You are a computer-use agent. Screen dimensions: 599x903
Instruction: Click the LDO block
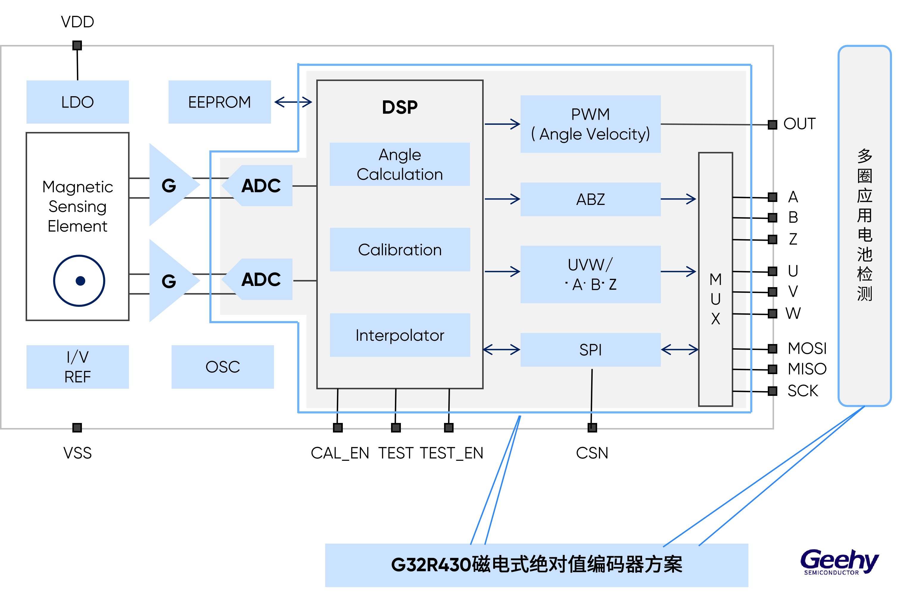tap(77, 102)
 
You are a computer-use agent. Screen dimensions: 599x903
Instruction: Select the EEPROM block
tap(219, 102)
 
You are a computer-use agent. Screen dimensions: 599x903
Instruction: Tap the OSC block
tap(223, 367)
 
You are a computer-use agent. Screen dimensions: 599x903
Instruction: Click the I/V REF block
tap(77, 367)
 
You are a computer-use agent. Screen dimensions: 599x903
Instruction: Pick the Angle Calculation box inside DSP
tap(400, 164)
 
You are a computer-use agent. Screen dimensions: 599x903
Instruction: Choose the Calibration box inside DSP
tap(400, 249)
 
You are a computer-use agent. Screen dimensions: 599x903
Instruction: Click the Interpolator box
tap(400, 335)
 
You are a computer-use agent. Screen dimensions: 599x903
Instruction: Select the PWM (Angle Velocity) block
tap(590, 124)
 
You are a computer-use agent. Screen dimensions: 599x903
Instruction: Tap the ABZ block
tap(590, 199)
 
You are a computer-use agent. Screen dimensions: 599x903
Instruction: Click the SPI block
tap(590, 350)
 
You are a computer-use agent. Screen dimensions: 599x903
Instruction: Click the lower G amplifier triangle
tap(170, 281)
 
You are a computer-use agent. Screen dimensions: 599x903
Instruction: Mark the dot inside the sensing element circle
tap(80, 281)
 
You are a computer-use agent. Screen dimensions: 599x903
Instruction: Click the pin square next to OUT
tap(772, 125)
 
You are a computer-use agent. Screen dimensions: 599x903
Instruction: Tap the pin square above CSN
tap(592, 427)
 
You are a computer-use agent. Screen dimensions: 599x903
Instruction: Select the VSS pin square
tap(77, 427)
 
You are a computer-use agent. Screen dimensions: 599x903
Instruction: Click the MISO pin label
tap(807, 369)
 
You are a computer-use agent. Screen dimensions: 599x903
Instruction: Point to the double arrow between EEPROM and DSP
tap(293, 102)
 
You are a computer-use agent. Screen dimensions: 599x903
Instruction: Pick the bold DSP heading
tap(400, 107)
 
